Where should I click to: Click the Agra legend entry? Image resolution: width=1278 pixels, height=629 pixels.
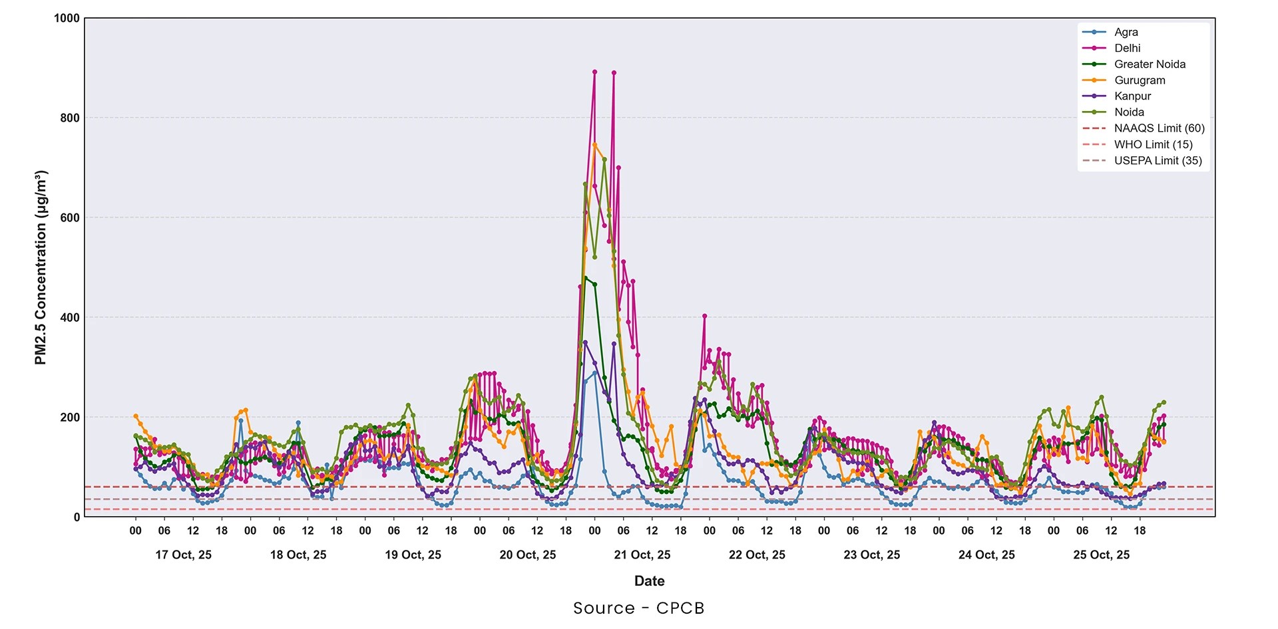point(1126,32)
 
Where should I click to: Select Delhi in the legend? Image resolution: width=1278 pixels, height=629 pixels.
point(1127,48)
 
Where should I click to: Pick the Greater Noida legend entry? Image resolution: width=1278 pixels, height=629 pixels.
point(1150,64)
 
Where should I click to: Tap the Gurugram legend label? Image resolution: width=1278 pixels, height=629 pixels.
point(1140,80)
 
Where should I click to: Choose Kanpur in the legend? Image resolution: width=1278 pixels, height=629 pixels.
point(1132,96)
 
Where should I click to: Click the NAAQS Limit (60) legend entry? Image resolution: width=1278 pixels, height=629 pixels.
point(1159,128)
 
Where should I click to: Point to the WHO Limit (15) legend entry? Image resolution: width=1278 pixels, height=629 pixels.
point(1153,144)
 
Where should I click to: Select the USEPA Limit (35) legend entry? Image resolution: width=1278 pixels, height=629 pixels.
point(1158,160)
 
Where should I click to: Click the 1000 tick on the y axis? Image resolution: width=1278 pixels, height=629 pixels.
point(67,19)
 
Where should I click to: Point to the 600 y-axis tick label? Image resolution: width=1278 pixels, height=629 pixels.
point(70,217)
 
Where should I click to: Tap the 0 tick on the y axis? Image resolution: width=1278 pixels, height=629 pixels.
point(77,517)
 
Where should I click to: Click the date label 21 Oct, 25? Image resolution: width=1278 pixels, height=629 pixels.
point(642,555)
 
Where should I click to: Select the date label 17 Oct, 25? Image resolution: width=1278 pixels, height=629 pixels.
point(184,555)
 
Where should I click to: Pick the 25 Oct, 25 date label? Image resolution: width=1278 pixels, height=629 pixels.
point(1101,555)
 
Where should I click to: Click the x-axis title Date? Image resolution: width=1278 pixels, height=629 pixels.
point(649,580)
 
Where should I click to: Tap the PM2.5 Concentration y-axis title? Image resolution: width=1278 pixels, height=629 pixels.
point(41,267)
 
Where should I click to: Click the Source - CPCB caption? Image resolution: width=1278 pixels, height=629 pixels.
point(638,608)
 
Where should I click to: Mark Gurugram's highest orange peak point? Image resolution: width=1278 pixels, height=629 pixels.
point(595,144)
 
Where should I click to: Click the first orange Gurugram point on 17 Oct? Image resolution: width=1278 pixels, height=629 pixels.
point(136,416)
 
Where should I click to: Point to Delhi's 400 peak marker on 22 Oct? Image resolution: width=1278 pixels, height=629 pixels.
point(704,316)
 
